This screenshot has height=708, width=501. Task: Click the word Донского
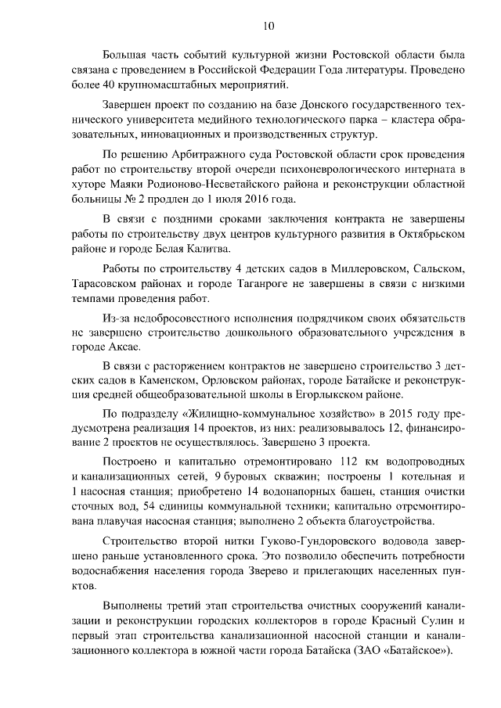pyautogui.click(x=280, y=106)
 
